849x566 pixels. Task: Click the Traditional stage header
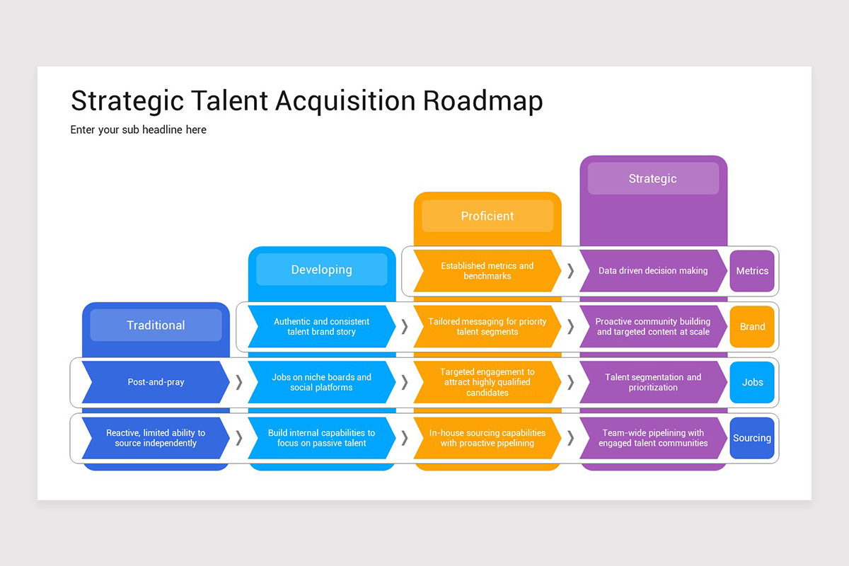click(x=156, y=325)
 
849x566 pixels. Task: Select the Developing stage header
click(x=321, y=270)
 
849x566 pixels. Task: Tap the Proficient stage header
click(x=487, y=216)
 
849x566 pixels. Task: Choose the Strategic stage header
click(x=653, y=179)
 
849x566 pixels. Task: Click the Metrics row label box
click(x=752, y=271)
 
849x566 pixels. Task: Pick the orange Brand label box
click(x=752, y=327)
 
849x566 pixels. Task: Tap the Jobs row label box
click(x=752, y=382)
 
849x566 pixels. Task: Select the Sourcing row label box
click(x=752, y=438)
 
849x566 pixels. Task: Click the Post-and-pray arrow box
click(x=156, y=382)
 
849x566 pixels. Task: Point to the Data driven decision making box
click(x=653, y=271)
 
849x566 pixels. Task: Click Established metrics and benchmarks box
click(x=487, y=271)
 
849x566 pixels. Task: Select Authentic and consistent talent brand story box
click(x=321, y=327)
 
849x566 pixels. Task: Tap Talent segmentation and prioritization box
click(x=653, y=382)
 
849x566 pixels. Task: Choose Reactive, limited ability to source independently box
click(x=156, y=438)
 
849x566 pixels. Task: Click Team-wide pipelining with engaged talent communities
click(x=653, y=438)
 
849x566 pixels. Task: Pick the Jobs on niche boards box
click(x=321, y=382)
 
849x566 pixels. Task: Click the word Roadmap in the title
click(x=483, y=101)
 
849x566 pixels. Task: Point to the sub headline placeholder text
click(x=139, y=130)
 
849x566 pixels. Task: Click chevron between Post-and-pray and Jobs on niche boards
click(x=239, y=382)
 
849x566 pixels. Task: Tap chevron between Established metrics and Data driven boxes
click(x=570, y=271)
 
